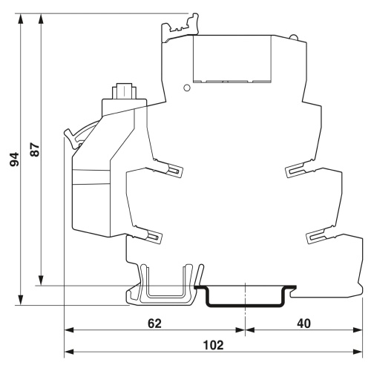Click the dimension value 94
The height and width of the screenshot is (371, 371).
click(14, 160)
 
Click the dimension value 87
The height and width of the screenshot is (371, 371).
click(35, 150)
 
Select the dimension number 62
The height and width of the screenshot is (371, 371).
click(154, 324)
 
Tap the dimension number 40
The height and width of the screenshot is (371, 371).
click(303, 324)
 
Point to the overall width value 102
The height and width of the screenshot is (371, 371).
click(213, 345)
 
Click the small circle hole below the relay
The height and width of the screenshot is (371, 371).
click(187, 88)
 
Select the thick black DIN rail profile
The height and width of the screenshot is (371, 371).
click(245, 296)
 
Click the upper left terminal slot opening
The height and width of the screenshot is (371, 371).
click(174, 171)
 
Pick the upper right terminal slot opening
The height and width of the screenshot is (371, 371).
click(295, 171)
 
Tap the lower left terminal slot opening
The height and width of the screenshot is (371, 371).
click(154, 237)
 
